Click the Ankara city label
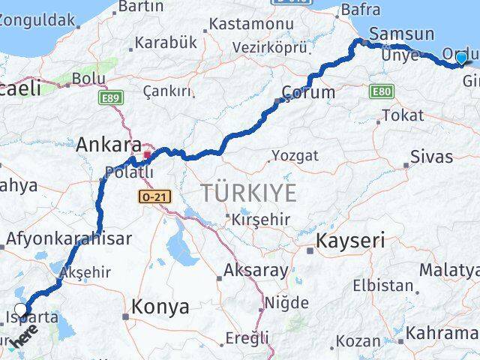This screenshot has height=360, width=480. pyautogui.click(x=109, y=144)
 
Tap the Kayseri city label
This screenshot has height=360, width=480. pyautogui.click(x=350, y=241)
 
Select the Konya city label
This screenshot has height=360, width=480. pyautogui.click(x=160, y=306)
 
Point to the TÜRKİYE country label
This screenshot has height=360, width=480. pyautogui.click(x=248, y=193)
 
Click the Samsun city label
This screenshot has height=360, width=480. pyautogui.click(x=402, y=34)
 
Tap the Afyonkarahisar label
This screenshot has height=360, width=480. pyautogui.click(x=69, y=239)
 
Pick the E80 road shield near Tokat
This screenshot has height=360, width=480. pyautogui.click(x=381, y=90)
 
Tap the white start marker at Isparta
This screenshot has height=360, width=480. pyautogui.click(x=21, y=308)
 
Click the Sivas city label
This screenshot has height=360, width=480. pyautogui.click(x=431, y=157)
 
